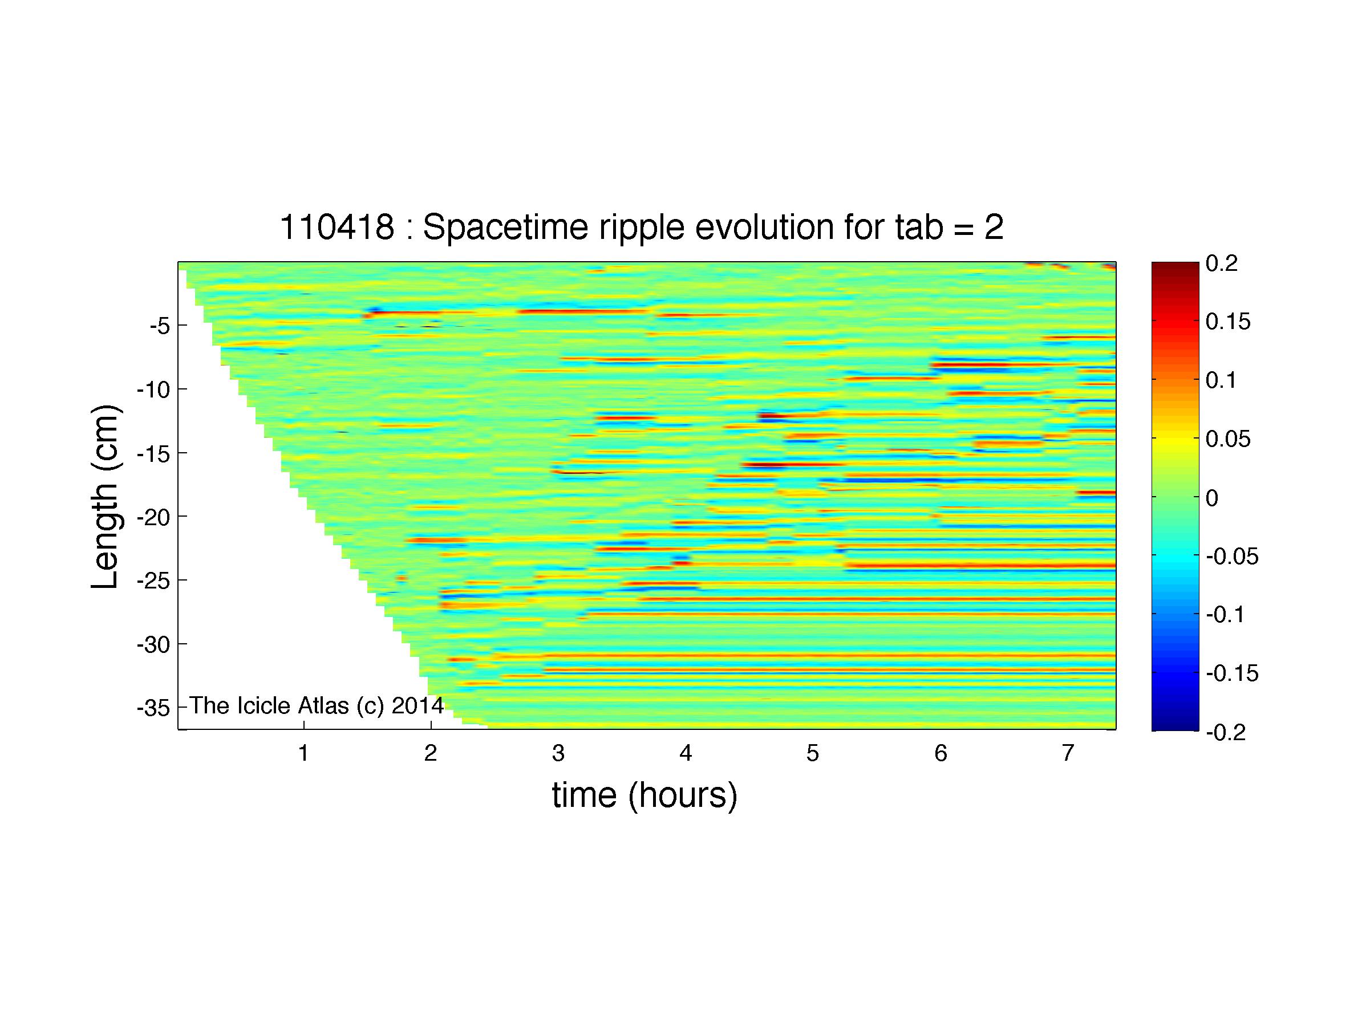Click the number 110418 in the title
[337, 227]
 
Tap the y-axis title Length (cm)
[105, 497]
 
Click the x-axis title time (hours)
[645, 795]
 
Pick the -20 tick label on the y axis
[154, 516]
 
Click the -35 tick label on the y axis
[154, 708]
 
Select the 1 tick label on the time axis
[303, 753]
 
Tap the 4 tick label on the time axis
[686, 753]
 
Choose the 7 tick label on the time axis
[1068, 753]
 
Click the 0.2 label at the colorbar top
[1221, 263]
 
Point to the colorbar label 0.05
[1228, 439]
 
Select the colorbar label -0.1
[1225, 615]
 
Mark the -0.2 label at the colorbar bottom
[1225, 732]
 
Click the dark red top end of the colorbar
[1175, 266]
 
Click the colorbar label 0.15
[1228, 322]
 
